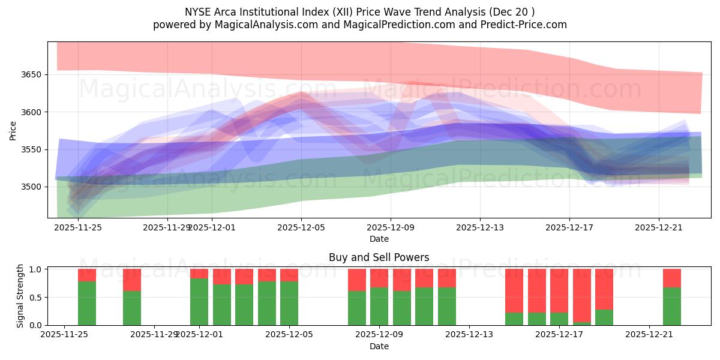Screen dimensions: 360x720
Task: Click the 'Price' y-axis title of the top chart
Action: pos(13,130)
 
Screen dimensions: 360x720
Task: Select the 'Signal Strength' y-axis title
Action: pos(20,296)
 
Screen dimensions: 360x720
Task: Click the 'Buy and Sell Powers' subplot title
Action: pos(379,257)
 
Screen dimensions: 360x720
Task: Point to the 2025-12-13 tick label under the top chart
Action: pos(480,227)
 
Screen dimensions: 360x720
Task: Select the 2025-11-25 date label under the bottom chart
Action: pos(64,335)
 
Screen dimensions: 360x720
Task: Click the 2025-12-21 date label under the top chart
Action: pos(659,227)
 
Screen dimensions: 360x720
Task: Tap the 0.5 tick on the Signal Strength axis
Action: pos(35,297)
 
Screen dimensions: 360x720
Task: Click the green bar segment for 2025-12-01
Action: pos(199,302)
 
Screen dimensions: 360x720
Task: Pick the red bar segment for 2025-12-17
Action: pos(582,295)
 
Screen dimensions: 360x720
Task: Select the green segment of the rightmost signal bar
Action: pos(671,306)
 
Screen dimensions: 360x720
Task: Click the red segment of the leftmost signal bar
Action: pos(87,275)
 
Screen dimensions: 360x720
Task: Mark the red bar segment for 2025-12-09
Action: pos(402,280)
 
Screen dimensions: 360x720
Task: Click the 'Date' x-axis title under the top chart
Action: pos(379,239)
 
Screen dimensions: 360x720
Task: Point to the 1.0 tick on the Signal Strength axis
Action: pos(35,269)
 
